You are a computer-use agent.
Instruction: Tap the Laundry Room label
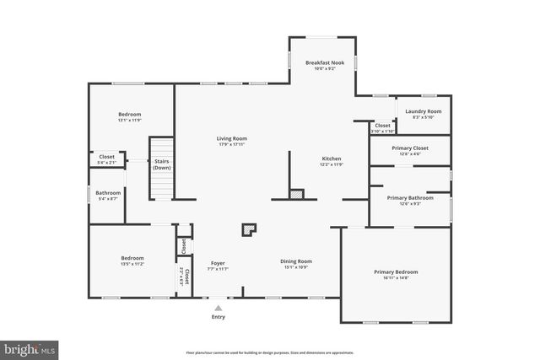(423, 111)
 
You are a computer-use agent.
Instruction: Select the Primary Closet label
(410, 148)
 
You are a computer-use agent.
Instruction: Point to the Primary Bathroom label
(410, 198)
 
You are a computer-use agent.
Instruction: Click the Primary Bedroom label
(396, 272)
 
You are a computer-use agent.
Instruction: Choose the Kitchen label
(332, 159)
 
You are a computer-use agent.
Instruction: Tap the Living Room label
(231, 138)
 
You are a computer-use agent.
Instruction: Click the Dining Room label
(296, 261)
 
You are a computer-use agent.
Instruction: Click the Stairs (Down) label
(162, 164)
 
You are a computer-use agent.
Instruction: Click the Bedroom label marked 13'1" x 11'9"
(129, 115)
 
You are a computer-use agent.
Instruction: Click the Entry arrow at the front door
(219, 307)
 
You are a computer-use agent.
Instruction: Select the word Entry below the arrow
(219, 317)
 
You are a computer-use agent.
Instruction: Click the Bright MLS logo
(30, 347)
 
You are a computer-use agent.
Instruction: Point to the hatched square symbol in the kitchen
(296, 195)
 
